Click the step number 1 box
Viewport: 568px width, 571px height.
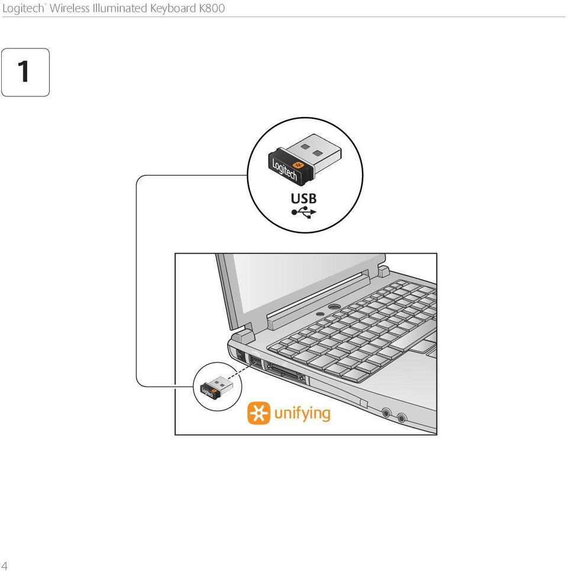click(x=25, y=72)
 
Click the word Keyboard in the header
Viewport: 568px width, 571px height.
click(x=173, y=8)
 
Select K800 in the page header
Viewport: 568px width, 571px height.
click(x=212, y=8)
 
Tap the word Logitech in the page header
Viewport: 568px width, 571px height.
click(x=23, y=9)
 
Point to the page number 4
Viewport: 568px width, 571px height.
click(x=4, y=565)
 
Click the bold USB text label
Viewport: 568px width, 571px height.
click(x=304, y=199)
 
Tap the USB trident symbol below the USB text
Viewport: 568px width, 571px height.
click(x=304, y=212)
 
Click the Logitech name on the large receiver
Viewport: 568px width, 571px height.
click(x=285, y=170)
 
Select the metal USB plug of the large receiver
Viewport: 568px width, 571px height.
click(x=314, y=150)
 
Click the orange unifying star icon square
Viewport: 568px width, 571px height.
click(x=259, y=413)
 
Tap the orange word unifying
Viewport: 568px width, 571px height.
click(x=302, y=414)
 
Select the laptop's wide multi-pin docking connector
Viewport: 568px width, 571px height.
click(x=286, y=372)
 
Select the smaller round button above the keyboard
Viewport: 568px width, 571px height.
click(x=320, y=313)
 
